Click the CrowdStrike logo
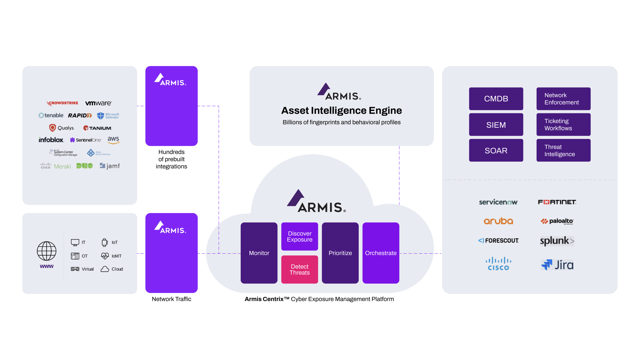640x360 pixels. point(63,103)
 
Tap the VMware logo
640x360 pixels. point(98,103)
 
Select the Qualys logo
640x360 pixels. point(62,128)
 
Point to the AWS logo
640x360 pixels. point(113,140)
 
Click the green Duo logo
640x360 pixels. point(85,166)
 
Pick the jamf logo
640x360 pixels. point(110,166)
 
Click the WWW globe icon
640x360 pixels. point(47,251)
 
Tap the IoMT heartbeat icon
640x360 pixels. point(105,256)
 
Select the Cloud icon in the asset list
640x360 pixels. point(105,269)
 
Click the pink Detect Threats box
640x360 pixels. point(300,269)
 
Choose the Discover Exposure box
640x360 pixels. point(300,236)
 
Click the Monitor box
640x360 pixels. point(259,253)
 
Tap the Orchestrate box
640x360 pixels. point(381,253)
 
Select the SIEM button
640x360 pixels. point(496,125)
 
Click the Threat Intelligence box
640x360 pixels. point(563,150)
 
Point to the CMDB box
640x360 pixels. point(496,99)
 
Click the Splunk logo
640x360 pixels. point(557,241)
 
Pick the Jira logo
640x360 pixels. point(557,265)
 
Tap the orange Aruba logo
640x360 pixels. point(498,221)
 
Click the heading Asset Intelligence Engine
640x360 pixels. point(341,110)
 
